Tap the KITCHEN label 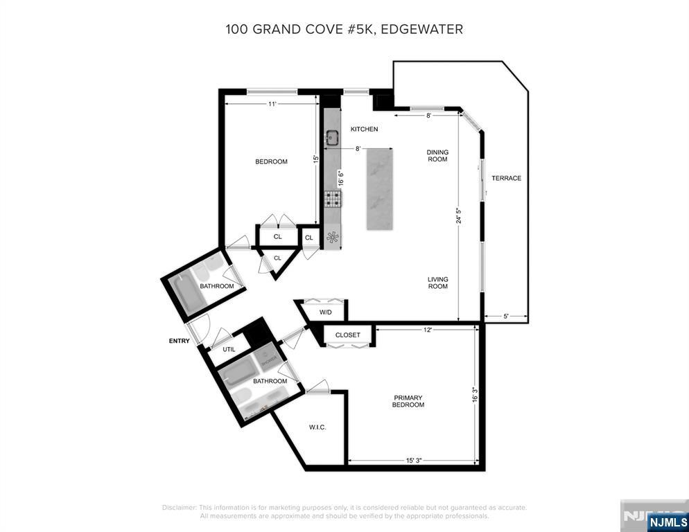point(364,130)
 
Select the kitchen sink point(332,139)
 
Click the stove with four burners point(333,199)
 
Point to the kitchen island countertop point(379,188)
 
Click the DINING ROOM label point(437,156)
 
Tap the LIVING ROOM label point(437,283)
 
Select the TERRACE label point(506,178)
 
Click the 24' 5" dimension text point(458,215)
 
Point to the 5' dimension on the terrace point(506,317)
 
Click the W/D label point(326,312)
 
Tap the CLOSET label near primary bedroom point(347,335)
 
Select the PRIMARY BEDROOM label point(408,401)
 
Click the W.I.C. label point(317,427)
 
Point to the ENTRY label point(179,341)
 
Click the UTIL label point(229,350)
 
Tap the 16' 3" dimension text point(475,394)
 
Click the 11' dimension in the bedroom point(273,104)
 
